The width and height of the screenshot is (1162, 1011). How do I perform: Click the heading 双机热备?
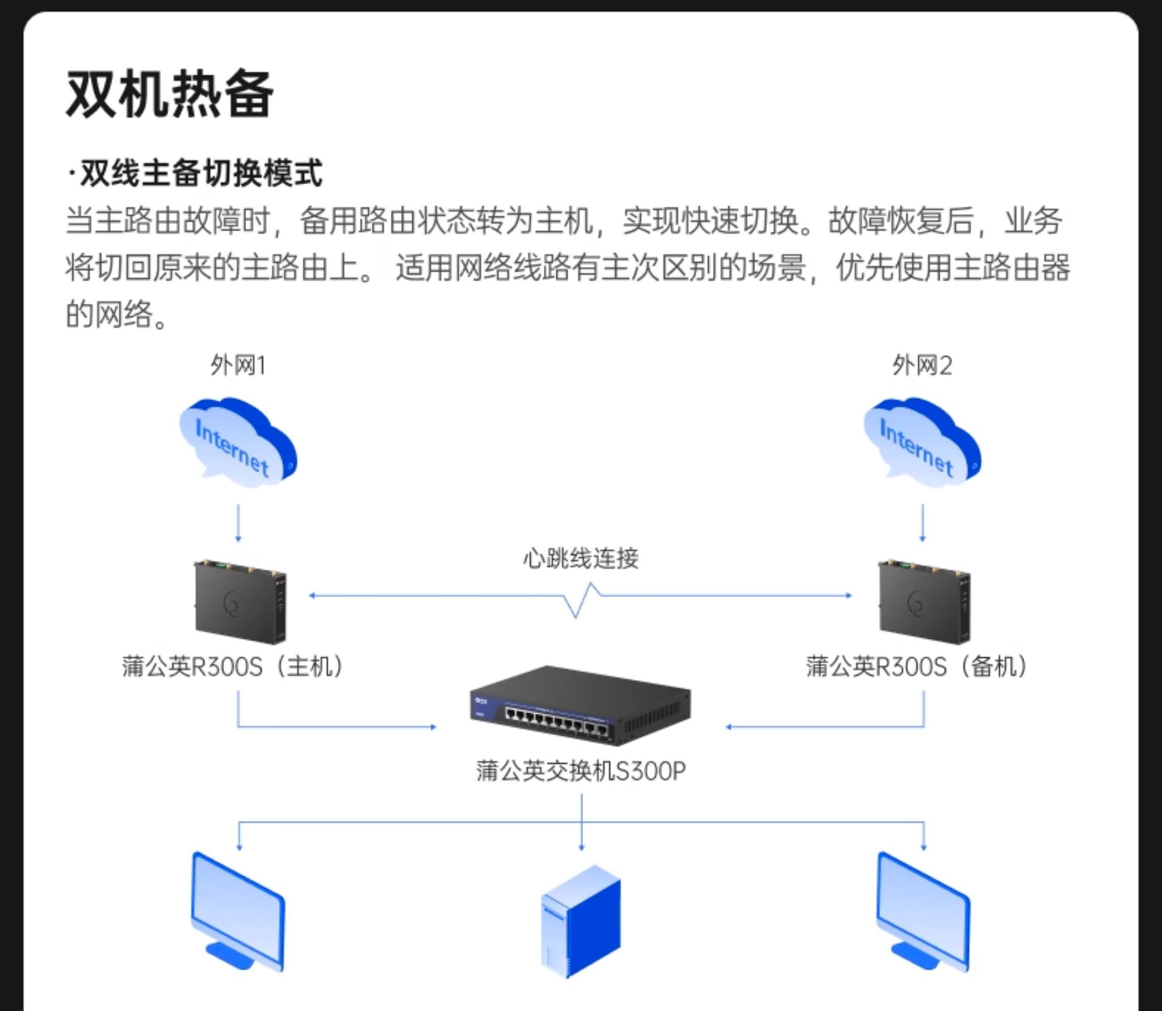[170, 94]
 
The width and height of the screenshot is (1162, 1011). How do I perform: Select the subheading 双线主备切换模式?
[196, 173]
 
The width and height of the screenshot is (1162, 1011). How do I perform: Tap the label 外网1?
[238, 366]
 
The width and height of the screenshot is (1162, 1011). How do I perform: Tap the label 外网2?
[922, 366]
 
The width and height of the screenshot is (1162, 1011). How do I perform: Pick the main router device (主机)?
[239, 602]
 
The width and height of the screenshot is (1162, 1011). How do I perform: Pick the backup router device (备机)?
[924, 602]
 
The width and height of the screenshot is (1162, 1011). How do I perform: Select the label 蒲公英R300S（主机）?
[232, 666]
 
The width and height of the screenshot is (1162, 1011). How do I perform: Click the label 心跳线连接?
[581, 558]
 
